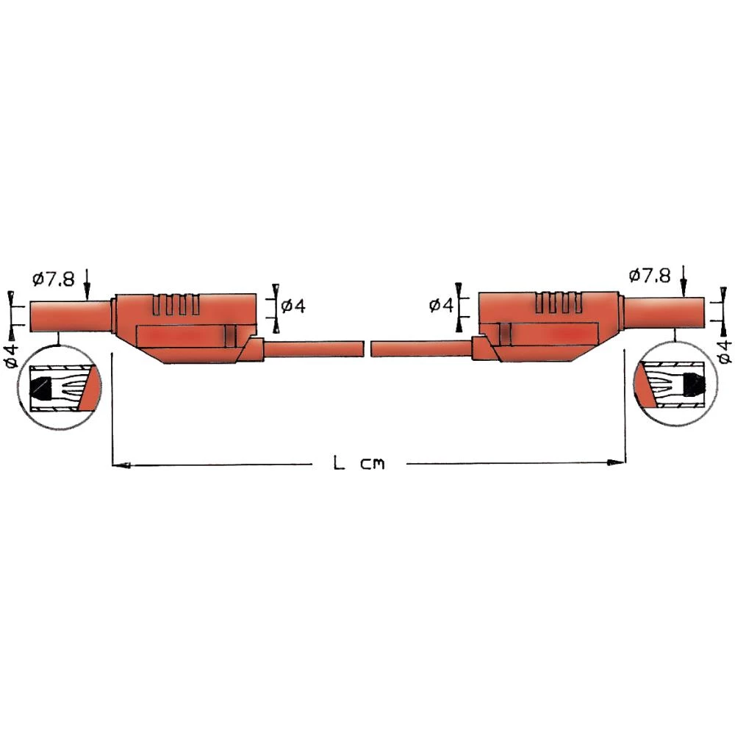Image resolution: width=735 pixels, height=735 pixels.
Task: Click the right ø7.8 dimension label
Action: [x=650, y=275]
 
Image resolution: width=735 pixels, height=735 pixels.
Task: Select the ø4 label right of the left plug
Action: [x=293, y=305]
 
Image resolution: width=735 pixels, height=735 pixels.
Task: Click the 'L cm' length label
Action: [x=359, y=464]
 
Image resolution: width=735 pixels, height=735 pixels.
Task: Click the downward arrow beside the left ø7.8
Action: [x=87, y=284]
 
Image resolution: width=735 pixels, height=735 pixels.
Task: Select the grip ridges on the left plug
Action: [x=176, y=305]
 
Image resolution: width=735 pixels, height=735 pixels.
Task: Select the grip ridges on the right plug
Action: [x=559, y=304]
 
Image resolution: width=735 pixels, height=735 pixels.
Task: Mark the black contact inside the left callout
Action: [x=43, y=389]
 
